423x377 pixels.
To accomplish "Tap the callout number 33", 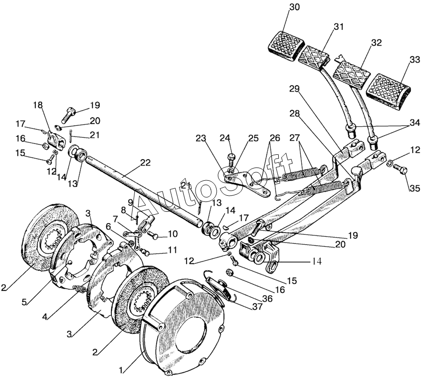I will [415, 60].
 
